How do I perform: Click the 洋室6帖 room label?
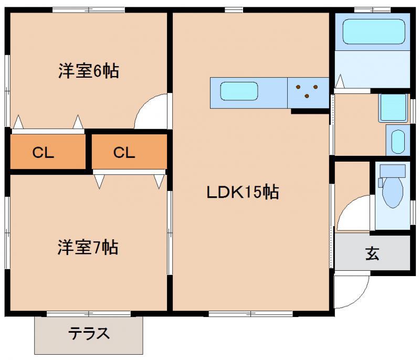tap(88, 71)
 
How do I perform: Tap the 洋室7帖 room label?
tap(88, 247)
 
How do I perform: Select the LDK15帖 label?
tap(242, 193)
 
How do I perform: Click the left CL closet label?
tap(43, 153)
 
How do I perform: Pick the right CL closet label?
tap(124, 153)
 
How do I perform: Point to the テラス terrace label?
tap(89, 333)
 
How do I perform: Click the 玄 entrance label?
tap(372, 255)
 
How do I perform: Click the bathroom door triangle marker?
tap(340, 82)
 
